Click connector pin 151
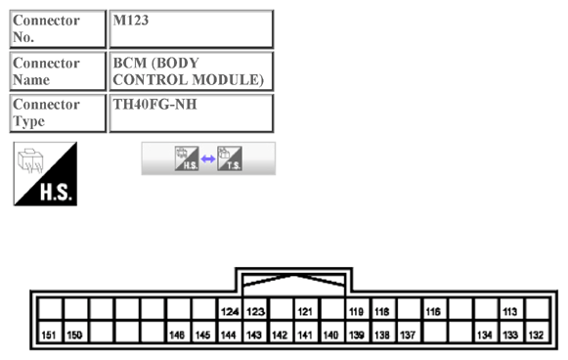coord(50,335)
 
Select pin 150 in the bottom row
coord(75,335)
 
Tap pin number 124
coord(230,312)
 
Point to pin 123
coord(255,312)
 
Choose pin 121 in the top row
coord(306,312)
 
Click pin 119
coord(357,312)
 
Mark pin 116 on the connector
coord(433,312)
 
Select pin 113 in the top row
coord(509,312)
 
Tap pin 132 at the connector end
coord(535,335)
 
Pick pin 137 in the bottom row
coord(408,335)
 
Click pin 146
coord(177,335)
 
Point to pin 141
coord(306,335)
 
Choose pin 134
coord(484,335)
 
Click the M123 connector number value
coord(191,28)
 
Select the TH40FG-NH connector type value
coord(191,112)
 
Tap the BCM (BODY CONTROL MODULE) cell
coord(191,70)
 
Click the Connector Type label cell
coord(58,112)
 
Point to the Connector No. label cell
coord(58,28)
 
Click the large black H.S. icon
coord(45,174)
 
